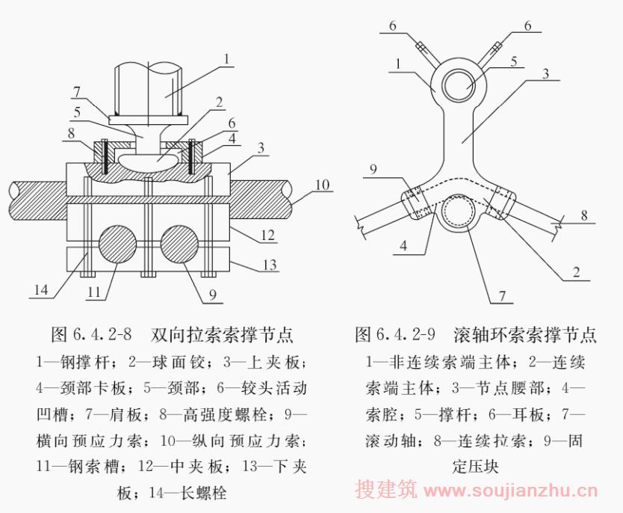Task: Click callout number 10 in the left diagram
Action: (x=323, y=185)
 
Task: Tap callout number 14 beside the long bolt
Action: (x=41, y=290)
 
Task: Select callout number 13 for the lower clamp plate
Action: (x=270, y=265)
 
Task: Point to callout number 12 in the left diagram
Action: (x=267, y=235)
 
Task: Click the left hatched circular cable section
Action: (x=117, y=244)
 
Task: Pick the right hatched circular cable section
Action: (x=179, y=244)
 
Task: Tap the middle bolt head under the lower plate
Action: (x=147, y=274)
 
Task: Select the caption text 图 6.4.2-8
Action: (x=91, y=334)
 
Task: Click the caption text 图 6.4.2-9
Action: (x=395, y=334)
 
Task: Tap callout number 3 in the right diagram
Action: (x=546, y=73)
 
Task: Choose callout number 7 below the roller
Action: (x=502, y=296)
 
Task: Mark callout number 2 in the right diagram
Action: (x=576, y=272)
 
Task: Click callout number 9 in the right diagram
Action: (x=373, y=170)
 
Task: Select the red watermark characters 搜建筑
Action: (x=385, y=489)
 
